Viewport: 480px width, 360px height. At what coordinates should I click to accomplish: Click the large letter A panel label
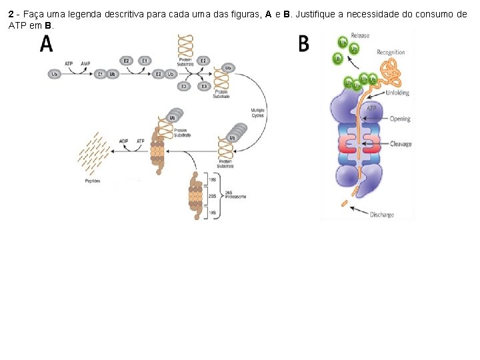(x=47, y=43)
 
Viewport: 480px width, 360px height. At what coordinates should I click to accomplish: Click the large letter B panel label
(x=303, y=44)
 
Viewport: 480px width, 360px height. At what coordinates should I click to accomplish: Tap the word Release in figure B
(x=360, y=36)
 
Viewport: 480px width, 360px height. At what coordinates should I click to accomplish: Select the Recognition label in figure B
(x=391, y=52)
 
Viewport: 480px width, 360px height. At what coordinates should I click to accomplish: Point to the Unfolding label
(x=398, y=93)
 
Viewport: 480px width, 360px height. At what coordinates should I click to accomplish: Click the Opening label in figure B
(x=400, y=119)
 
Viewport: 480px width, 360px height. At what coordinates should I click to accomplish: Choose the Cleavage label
(x=401, y=144)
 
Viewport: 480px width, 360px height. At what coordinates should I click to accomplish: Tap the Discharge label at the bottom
(x=382, y=215)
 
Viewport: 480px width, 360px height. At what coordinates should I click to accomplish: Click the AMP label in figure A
(x=85, y=63)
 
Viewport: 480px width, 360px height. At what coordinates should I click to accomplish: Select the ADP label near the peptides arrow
(x=124, y=141)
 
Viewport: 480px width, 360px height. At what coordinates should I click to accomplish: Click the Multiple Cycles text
(x=257, y=113)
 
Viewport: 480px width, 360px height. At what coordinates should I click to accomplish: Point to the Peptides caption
(x=93, y=181)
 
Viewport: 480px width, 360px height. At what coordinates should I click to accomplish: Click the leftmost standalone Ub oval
(x=55, y=74)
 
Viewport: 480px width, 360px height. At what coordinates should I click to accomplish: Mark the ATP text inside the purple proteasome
(x=371, y=108)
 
